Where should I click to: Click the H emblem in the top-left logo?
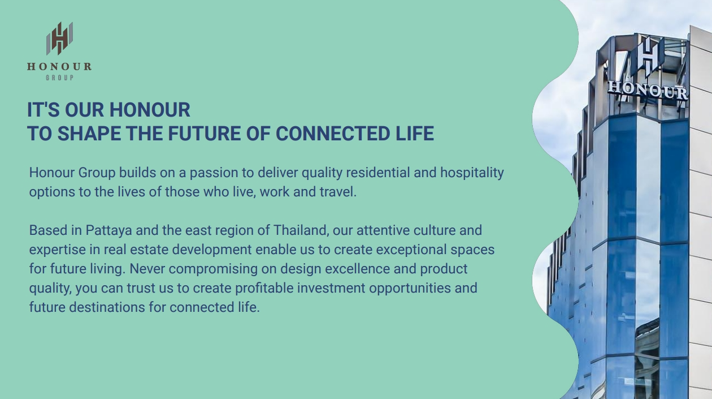pyautogui.click(x=59, y=38)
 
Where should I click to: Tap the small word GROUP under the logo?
pyautogui.click(x=59, y=78)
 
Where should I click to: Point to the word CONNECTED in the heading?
pyautogui.click(x=332, y=133)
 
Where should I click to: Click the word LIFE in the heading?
pyautogui.click(x=415, y=133)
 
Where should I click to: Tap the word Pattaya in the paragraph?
pyautogui.click(x=108, y=230)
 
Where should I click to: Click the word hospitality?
pyautogui.click(x=472, y=173)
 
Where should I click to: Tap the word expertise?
pyautogui.click(x=58, y=250)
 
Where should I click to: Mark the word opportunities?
pyautogui.click(x=410, y=288)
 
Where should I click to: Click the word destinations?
pyautogui.click(x=107, y=307)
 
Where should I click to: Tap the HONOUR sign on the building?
pyautogui.click(x=648, y=91)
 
